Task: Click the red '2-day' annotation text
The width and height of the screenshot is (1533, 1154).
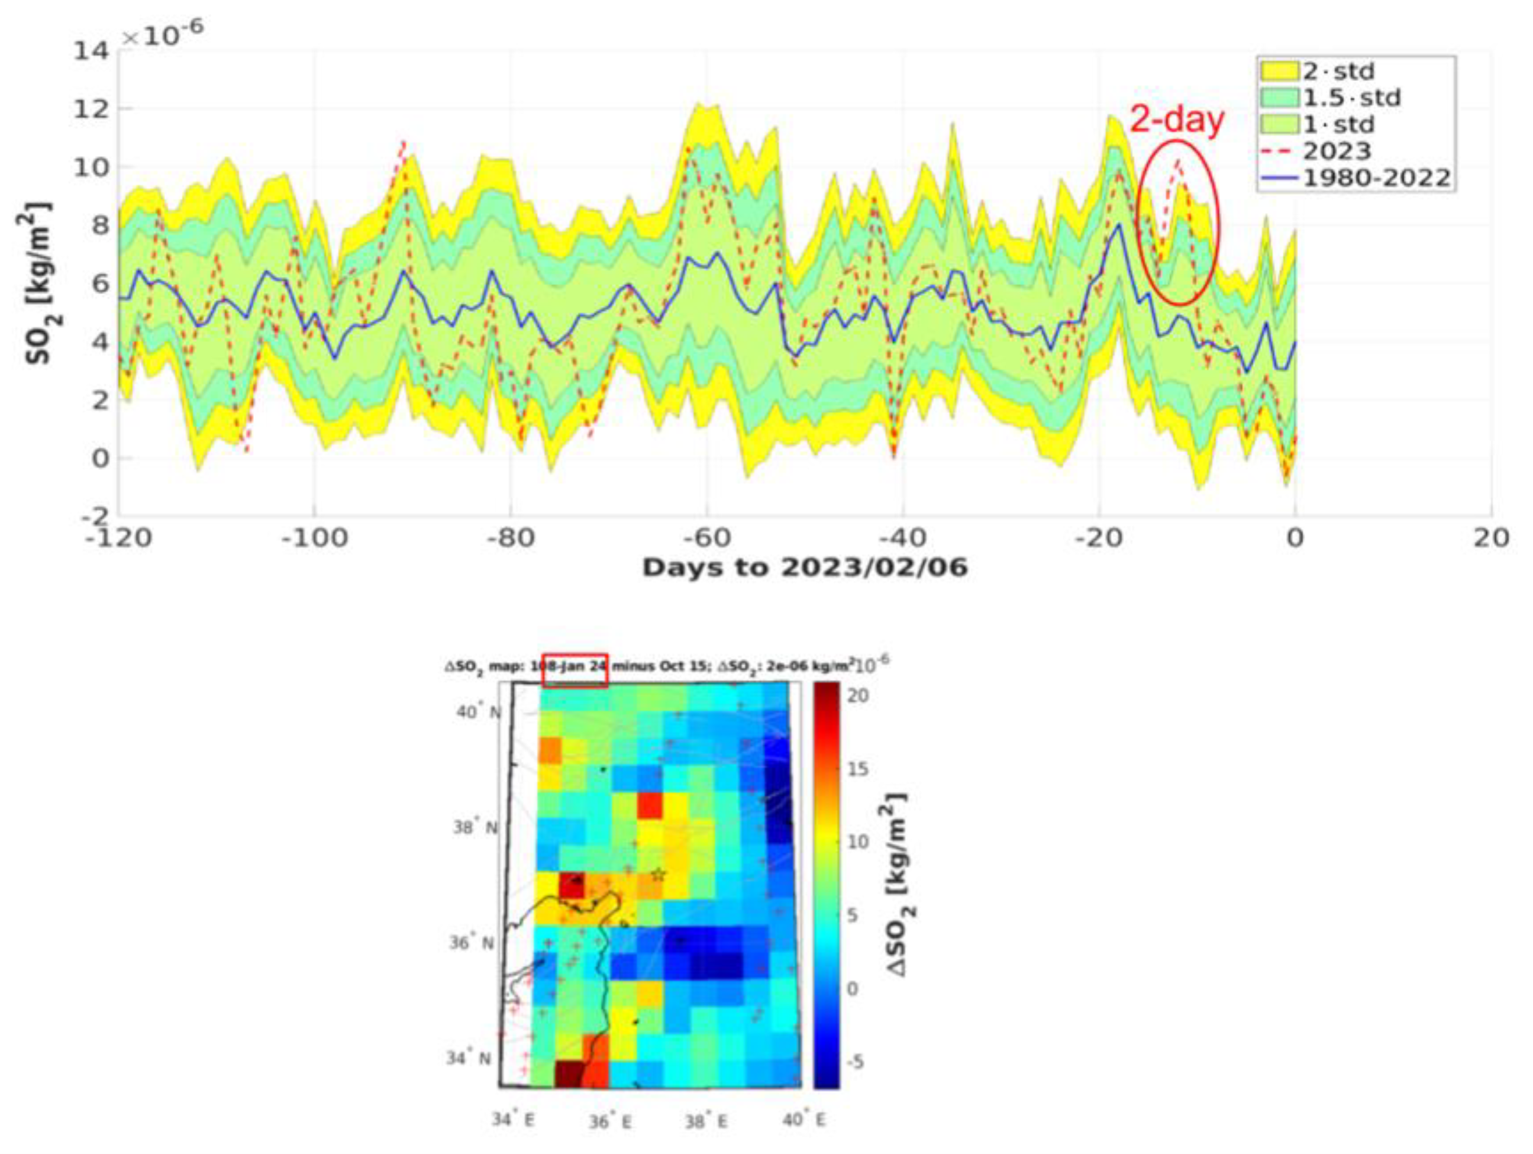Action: point(1177,120)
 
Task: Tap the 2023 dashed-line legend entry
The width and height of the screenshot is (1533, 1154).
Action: point(1337,151)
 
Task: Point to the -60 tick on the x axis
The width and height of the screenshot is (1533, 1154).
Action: point(706,538)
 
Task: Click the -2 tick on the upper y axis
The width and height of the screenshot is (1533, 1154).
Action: point(93,515)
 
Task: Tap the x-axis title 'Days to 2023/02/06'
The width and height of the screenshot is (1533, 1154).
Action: point(804,568)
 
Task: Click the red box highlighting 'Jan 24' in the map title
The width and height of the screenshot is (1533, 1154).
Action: point(575,671)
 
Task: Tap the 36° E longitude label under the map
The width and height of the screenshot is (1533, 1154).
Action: point(610,1121)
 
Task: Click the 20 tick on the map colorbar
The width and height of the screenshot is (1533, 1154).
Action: point(858,696)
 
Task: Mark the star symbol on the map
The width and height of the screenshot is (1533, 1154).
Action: point(658,875)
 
